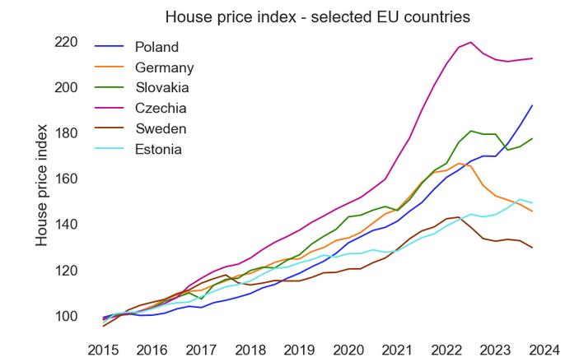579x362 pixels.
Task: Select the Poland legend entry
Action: click(x=156, y=47)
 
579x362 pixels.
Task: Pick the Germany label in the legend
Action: click(x=164, y=67)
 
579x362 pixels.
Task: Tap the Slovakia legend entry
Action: click(x=162, y=87)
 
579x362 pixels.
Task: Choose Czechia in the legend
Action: click(x=161, y=108)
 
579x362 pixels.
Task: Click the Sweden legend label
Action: click(x=161, y=128)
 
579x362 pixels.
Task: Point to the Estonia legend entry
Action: click(x=158, y=149)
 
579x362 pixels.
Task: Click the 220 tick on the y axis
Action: click(x=67, y=42)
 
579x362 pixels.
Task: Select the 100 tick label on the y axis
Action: click(x=67, y=316)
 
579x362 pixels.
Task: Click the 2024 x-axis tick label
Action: click(x=544, y=348)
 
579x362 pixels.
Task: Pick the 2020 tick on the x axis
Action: click(x=348, y=348)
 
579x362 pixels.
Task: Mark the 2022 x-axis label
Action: click(x=446, y=348)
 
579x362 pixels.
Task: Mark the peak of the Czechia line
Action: click(x=470, y=42)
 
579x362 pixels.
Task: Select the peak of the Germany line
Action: click(x=459, y=163)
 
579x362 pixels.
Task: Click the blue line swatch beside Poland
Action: click(x=110, y=47)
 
